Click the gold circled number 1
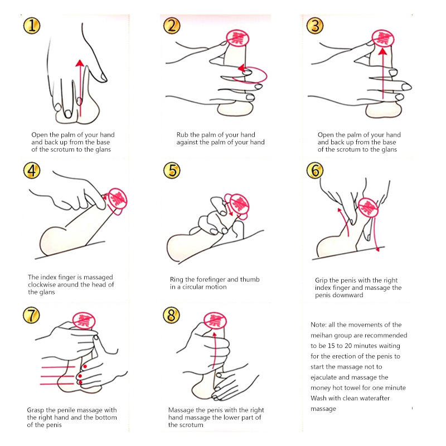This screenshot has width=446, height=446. click(x=32, y=26)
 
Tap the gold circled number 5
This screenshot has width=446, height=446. click(x=172, y=171)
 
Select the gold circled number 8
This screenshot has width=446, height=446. click(x=171, y=315)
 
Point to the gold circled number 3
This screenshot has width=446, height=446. click(x=315, y=26)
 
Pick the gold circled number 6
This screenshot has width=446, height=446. click(x=315, y=171)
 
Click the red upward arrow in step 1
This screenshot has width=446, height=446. click(x=80, y=88)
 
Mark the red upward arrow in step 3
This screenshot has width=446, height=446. click(x=383, y=74)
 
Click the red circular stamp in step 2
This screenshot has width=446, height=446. click(x=237, y=38)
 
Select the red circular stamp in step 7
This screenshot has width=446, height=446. click(x=84, y=321)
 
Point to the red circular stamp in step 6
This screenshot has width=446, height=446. click(x=369, y=207)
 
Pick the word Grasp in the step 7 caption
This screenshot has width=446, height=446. click(x=36, y=410)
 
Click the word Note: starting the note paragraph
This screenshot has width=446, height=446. click(x=318, y=325)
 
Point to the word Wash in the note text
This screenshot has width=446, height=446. click(x=317, y=398)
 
